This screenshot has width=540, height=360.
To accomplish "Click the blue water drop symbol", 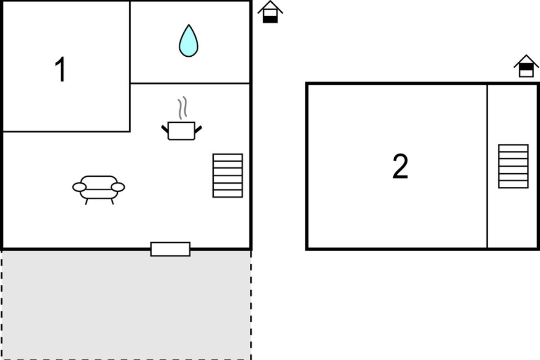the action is point(189,41).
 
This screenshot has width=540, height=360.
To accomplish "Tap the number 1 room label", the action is point(60,69).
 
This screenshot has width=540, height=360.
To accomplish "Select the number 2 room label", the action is point(400,166).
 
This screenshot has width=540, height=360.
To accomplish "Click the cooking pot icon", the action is point(181,131).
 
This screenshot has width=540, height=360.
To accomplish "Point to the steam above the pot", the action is point(183,108).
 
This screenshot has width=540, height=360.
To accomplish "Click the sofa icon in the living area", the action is point(99,190).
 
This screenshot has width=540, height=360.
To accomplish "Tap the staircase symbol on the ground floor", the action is point(228,175).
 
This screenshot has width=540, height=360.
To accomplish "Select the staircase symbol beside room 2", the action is point(513,166).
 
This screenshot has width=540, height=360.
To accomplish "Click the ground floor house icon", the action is point(270,12).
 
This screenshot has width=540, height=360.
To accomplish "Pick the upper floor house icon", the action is point(526,66).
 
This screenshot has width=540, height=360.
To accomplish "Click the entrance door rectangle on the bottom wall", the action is point(171,249).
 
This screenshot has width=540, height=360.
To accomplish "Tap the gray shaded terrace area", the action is point(126,305).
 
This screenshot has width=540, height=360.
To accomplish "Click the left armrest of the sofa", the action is point(79,187).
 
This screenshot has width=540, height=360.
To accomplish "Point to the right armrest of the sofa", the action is point(118,187).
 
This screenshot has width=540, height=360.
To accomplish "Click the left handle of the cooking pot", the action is point(165,129).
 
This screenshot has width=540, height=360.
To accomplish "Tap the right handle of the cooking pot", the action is point(198,129).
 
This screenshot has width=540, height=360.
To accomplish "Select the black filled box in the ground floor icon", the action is point(270,19).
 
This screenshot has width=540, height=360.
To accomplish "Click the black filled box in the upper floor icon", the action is point(526,67).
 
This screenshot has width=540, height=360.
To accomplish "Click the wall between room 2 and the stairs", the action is point(487,166).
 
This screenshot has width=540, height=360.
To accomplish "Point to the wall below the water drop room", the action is point(190,83).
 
